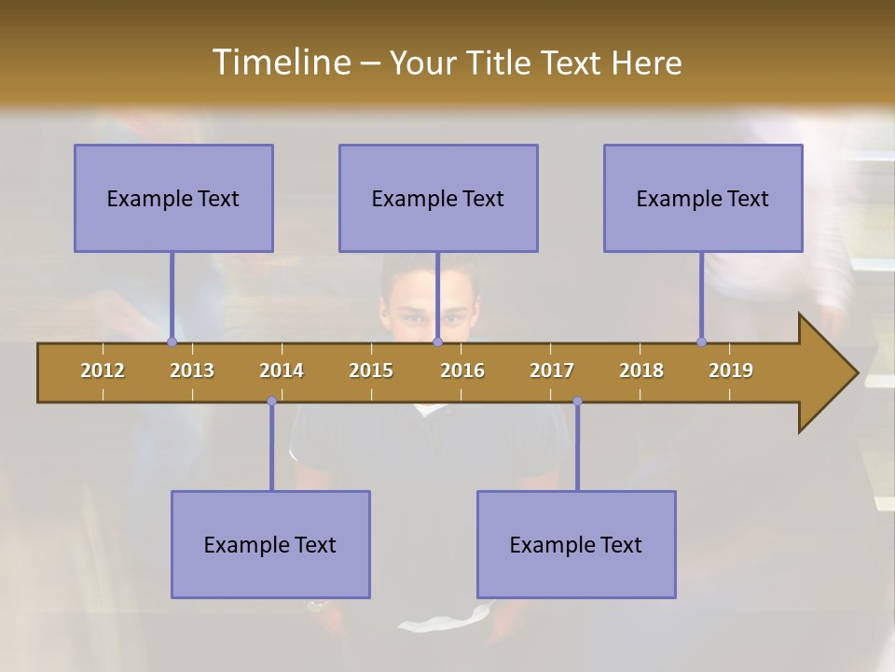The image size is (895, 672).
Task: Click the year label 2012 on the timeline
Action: pos(103,371)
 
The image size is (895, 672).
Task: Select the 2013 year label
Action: pos(192,371)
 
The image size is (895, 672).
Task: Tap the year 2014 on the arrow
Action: pos(282,371)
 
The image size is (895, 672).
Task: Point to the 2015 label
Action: pos(371,371)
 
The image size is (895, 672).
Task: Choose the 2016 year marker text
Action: pos(462,371)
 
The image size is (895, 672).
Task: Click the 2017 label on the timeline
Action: pos(552,371)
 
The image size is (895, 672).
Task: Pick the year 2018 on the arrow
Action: pos(641,371)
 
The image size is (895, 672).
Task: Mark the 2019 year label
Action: pos(731,371)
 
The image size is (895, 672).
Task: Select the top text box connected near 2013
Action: pos(173,198)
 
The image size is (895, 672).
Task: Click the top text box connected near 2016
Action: pos(438,198)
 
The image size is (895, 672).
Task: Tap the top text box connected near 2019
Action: pos(703,198)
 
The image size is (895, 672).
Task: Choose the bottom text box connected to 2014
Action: pos(270,544)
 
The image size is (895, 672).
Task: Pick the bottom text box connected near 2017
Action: pos(576,544)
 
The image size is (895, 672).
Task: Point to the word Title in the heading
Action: pos(504,63)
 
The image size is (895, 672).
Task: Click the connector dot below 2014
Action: pos(271,401)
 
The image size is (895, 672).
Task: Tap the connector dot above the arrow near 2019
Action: pos(701,342)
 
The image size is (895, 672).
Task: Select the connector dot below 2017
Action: pos(577,401)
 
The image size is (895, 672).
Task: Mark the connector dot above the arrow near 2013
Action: pos(172,342)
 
